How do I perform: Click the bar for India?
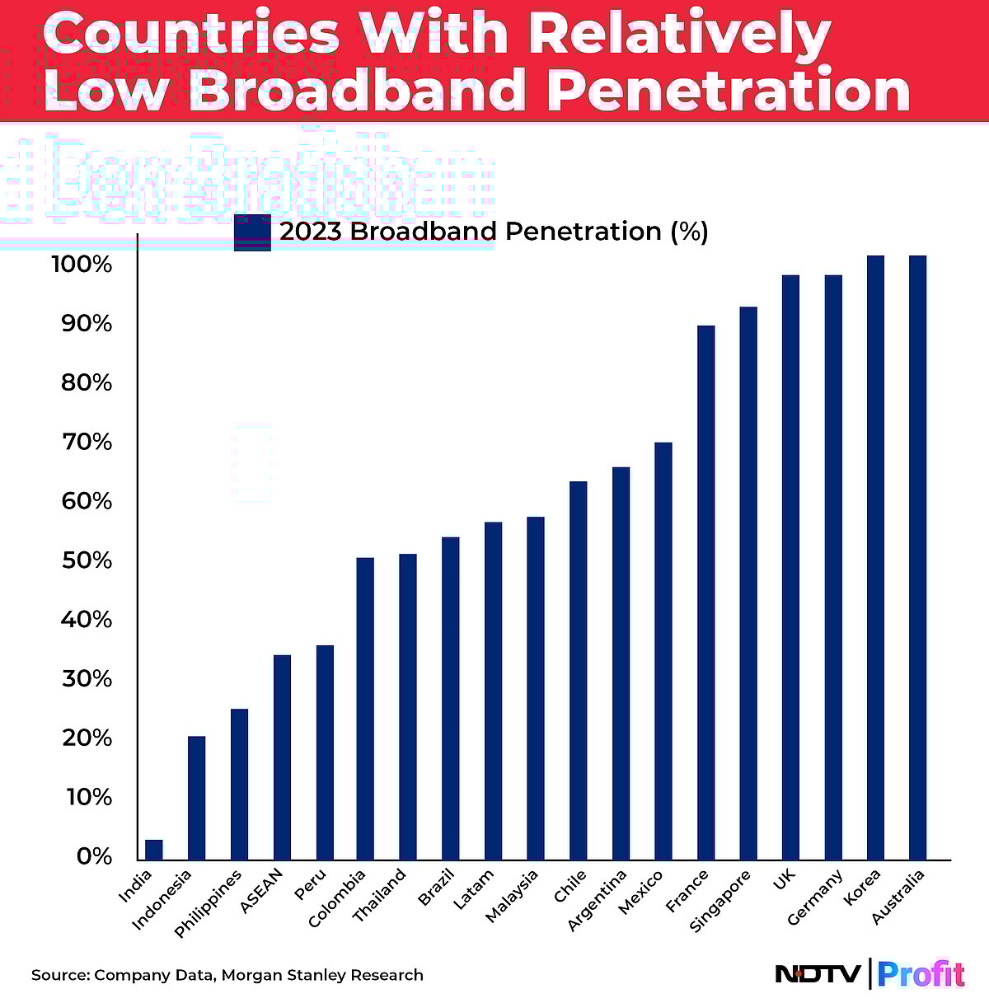pyautogui.click(x=154, y=850)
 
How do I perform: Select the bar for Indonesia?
pyautogui.click(x=196, y=798)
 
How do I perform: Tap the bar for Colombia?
pyautogui.click(x=365, y=709)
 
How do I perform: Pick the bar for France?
pyautogui.click(x=705, y=593)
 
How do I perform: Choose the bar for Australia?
pyautogui.click(x=917, y=558)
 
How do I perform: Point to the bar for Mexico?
pyautogui.click(x=663, y=651)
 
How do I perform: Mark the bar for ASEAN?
pyautogui.click(x=282, y=757)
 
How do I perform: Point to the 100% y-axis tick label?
pyautogui.click(x=82, y=265)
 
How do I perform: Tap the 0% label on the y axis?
pyautogui.click(x=94, y=856)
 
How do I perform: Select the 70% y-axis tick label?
pyautogui.click(x=87, y=443)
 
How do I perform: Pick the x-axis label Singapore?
pyautogui.click(x=721, y=900)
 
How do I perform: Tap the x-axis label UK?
pyautogui.click(x=784, y=880)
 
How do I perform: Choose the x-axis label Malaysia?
pyautogui.click(x=513, y=896)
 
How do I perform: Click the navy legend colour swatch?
pyautogui.click(x=252, y=232)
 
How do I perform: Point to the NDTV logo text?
pyautogui.click(x=818, y=974)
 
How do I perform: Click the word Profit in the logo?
pyautogui.click(x=921, y=974)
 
